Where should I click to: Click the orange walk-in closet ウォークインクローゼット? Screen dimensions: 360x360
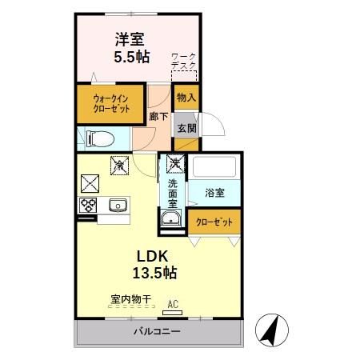[110, 105]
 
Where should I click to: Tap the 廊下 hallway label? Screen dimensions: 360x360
[158, 116]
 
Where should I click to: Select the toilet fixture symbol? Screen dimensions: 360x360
[98, 138]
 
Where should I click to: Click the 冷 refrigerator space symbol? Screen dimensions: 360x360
[118, 165]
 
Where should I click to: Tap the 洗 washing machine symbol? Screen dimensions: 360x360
[174, 165]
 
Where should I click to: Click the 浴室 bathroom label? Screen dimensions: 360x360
[214, 193]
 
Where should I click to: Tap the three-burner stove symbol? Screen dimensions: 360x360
[87, 205]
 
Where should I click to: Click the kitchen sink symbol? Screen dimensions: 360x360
[118, 205]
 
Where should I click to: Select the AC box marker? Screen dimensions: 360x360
[173, 303]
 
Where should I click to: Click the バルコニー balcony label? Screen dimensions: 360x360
[156, 330]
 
